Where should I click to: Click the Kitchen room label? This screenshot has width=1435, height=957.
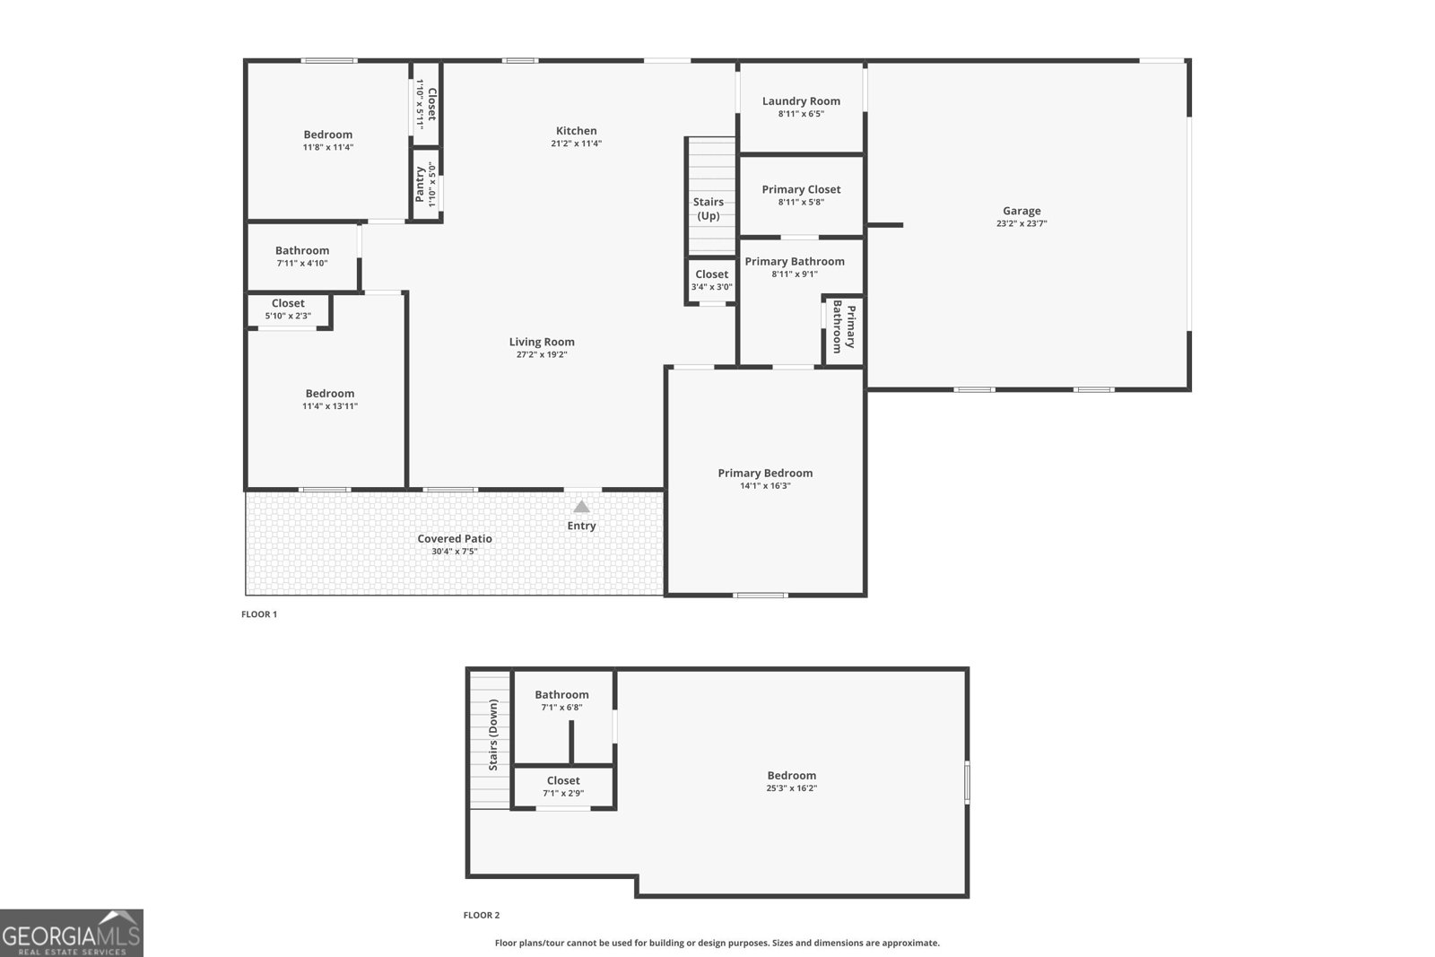[576, 131]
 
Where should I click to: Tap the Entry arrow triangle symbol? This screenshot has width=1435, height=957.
[581, 507]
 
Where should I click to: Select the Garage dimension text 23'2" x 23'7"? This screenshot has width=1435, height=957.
[1022, 224]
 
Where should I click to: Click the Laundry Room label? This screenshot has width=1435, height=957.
[801, 101]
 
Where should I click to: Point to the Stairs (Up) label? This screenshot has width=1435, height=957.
[709, 209]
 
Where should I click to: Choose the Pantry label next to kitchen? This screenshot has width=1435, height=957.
[420, 184]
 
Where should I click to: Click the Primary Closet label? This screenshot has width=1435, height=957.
[801, 189]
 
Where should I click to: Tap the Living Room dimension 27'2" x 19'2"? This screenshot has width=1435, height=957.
[542, 354]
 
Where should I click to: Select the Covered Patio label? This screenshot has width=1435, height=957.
[455, 539]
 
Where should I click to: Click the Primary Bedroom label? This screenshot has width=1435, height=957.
[765, 473]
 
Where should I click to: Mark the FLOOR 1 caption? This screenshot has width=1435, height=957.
[259, 614]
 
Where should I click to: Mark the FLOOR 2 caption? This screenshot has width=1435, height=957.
[482, 915]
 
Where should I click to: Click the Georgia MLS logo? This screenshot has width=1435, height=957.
[72, 933]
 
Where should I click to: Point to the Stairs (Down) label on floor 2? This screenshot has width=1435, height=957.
[493, 735]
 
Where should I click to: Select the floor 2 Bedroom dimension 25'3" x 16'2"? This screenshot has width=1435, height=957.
[792, 788]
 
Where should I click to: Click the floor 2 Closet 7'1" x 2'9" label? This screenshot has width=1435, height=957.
[563, 781]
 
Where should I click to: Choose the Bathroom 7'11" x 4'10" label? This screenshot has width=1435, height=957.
[302, 251]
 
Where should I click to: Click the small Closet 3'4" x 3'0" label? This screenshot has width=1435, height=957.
[711, 274]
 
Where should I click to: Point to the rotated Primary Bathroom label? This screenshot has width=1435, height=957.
[844, 328]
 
